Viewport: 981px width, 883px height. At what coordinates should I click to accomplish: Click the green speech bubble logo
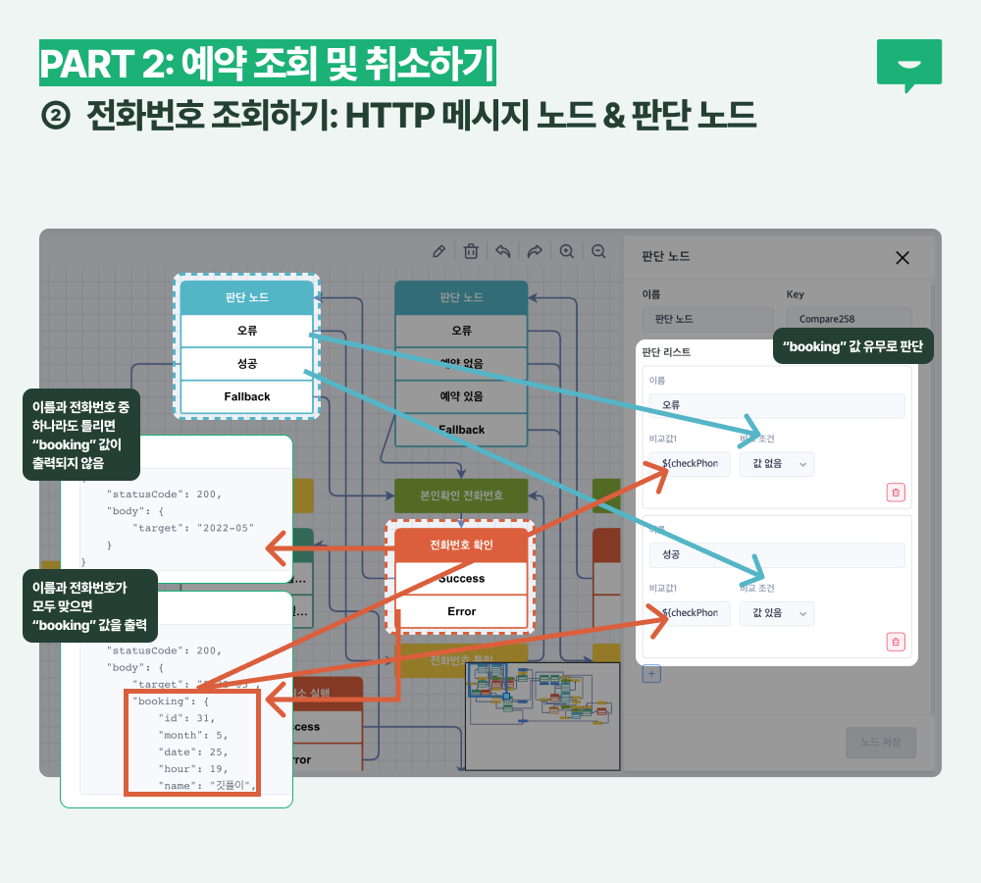908,64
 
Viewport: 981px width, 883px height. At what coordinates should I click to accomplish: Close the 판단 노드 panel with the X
903,257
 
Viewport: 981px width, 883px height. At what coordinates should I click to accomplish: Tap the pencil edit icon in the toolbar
439,251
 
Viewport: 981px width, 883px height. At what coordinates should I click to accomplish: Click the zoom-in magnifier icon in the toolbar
566,251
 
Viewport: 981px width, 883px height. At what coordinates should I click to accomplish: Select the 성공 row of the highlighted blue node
247,364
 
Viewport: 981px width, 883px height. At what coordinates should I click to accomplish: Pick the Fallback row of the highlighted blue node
247,396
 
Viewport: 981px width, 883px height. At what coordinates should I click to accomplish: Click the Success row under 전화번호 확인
461,579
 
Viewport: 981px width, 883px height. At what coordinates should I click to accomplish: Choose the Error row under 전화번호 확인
461,611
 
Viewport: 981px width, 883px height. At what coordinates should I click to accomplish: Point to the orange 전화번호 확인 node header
461,545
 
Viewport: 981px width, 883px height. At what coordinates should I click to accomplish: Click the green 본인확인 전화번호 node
461,495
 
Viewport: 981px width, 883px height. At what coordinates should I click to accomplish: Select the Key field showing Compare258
850,319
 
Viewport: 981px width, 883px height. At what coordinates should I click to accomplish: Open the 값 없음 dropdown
776,464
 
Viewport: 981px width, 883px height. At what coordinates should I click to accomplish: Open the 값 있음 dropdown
776,613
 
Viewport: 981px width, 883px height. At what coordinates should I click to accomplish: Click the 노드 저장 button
880,743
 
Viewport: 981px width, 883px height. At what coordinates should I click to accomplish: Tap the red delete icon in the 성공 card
896,642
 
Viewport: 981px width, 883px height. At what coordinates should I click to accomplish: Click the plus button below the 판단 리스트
651,673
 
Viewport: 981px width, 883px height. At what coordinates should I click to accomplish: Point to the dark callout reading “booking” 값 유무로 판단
853,346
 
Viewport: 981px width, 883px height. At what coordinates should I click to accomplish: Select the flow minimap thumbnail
542,716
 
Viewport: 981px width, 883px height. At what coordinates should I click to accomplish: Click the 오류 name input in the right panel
776,405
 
